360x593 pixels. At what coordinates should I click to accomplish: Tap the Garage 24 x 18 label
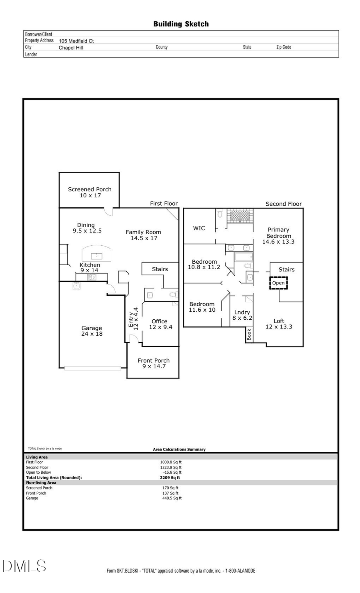pos(92,331)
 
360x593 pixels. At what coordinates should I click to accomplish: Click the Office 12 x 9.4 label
pos(160,324)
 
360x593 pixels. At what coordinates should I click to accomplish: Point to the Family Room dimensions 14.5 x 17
pos(144,238)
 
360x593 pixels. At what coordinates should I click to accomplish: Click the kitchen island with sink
pos(96,254)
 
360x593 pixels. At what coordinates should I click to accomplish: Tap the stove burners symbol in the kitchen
pos(92,277)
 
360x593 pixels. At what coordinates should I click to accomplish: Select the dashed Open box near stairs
pos(278,283)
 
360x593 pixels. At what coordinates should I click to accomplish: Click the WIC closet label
pos(199,228)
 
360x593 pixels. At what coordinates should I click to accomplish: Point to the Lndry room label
pos(242,312)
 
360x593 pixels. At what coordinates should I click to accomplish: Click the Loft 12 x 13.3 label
pos(279,324)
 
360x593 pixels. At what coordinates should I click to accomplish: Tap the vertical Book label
pos(249,335)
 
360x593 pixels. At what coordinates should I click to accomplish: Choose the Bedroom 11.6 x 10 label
pos(202,307)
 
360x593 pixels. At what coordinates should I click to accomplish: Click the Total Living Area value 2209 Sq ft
pos(170,477)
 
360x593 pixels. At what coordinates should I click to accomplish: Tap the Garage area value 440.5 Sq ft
pos(172,498)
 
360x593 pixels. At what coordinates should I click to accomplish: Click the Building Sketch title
pos(181,24)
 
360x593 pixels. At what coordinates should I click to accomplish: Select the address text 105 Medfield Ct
pos(76,41)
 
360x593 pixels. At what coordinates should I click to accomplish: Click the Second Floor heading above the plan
pos(284,204)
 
